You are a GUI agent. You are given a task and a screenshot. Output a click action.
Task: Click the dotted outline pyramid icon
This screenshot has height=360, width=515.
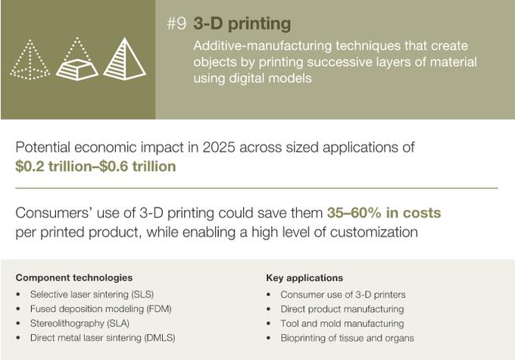[30, 60]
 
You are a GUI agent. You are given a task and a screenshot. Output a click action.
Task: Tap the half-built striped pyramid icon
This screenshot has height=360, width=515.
[77, 59]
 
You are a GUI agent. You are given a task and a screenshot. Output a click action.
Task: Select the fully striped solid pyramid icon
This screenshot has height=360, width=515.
[124, 59]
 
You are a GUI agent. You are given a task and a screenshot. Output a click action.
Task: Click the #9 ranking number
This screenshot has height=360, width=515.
[176, 23]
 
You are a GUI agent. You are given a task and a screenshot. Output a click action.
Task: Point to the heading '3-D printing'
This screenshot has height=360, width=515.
[242, 23]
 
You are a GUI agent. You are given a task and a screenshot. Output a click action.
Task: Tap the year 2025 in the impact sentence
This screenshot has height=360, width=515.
[218, 147]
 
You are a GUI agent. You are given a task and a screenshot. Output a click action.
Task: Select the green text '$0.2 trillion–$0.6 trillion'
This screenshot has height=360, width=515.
[95, 166]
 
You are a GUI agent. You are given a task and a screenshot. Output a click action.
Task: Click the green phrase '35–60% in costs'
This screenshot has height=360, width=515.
[384, 213]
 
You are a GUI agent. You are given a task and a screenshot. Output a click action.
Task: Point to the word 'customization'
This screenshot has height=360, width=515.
[374, 232]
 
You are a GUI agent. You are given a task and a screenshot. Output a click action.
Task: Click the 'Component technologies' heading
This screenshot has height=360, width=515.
[74, 278]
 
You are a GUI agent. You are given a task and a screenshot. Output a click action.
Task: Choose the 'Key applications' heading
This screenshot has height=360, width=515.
[304, 278]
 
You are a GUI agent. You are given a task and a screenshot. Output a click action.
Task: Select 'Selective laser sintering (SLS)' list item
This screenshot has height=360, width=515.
[92, 294]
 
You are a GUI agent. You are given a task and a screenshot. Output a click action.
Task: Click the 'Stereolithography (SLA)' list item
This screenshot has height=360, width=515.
[80, 323]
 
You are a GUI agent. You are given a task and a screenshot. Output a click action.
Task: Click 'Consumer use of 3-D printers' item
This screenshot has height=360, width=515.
[343, 295]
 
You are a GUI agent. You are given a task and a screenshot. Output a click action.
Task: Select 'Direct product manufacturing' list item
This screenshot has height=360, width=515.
[342, 309]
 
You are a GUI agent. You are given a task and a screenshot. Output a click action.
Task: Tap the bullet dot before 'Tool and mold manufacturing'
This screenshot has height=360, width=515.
[269, 324]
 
